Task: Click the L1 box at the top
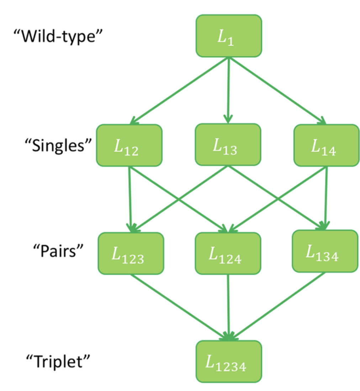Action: pos(229,36)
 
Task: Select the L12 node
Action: pos(129,145)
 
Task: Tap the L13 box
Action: pos(228,145)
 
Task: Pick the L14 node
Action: pos(326,145)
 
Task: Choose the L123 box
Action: pos(131,253)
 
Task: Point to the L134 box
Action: pos(325,251)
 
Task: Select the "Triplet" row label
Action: pos(57,361)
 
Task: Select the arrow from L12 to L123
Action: pos(130,199)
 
